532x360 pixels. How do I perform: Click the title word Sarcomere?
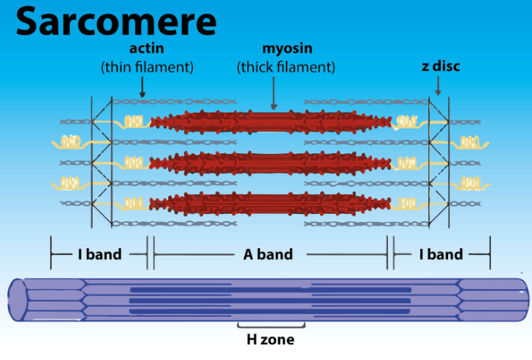click(116, 22)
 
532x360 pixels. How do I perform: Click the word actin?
click(147, 50)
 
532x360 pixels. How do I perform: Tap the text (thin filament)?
click(147, 67)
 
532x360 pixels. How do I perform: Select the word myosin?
click(286, 50)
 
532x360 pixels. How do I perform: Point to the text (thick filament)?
click(286, 67)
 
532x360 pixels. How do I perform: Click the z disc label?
click(440, 66)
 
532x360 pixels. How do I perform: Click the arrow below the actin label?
click(142, 87)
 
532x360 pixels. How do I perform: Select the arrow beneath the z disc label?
click(438, 86)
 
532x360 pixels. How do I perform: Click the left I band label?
click(99, 255)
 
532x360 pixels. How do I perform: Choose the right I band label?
click(441, 255)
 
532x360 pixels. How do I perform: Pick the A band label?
click(268, 255)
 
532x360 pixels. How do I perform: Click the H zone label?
click(270, 339)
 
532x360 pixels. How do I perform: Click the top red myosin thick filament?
click(271, 120)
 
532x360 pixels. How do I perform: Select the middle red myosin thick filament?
click(271, 161)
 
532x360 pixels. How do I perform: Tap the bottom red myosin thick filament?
click(271, 202)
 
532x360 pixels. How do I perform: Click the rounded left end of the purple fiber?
click(18, 299)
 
